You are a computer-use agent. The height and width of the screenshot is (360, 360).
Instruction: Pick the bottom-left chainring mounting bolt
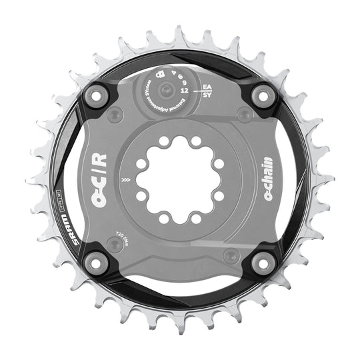pos(95,263)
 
